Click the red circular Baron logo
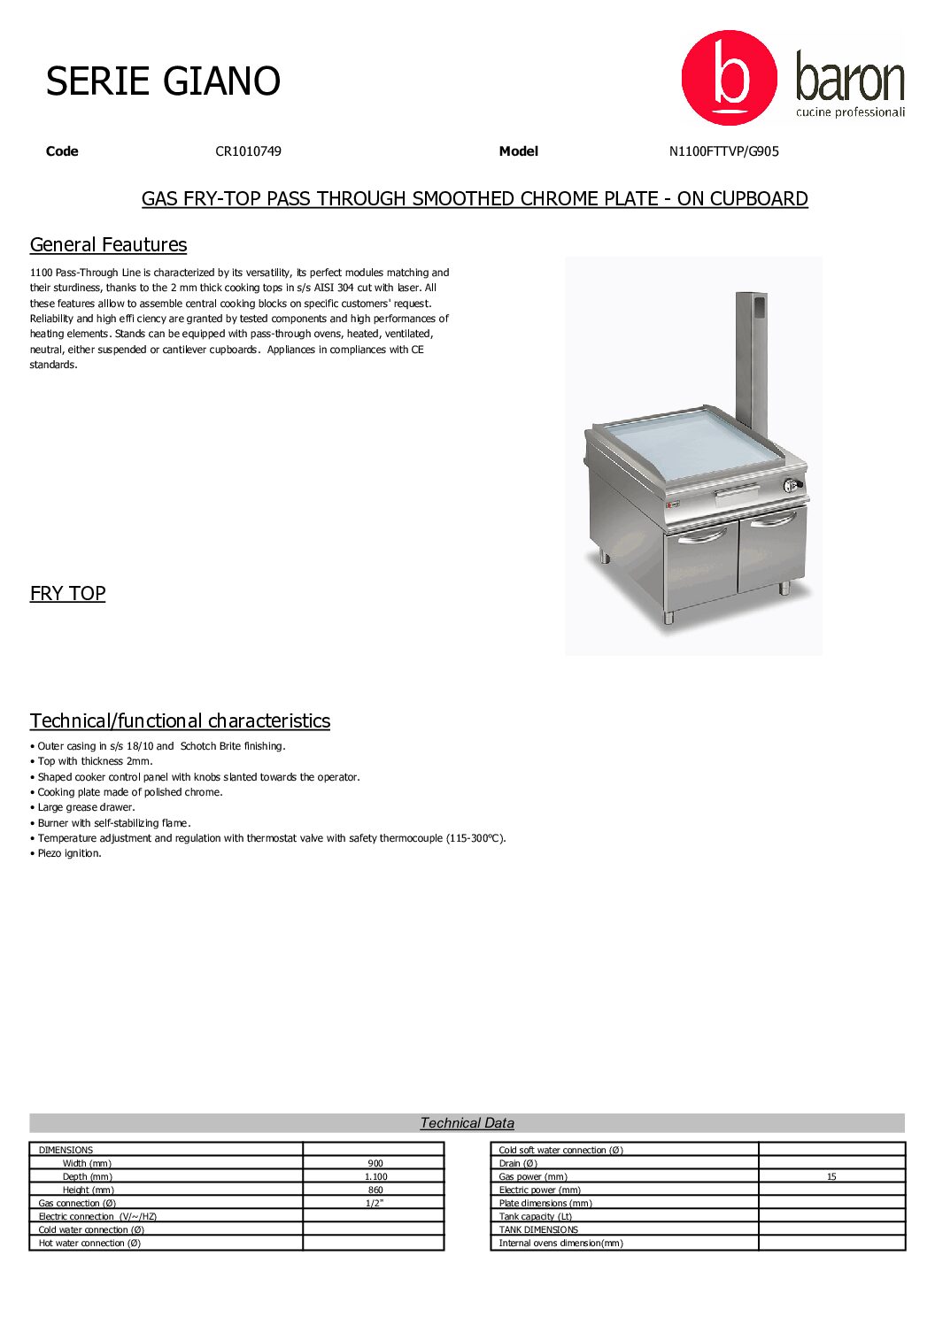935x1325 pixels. coord(729,78)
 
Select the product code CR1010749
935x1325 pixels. coord(248,151)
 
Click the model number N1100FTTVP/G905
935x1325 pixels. coord(723,151)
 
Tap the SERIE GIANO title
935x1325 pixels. coord(163,81)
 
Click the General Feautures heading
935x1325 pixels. coord(108,245)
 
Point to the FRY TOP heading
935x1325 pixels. coord(67,594)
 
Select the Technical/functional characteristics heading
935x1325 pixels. coord(180,721)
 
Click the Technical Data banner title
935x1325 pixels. coord(467,1123)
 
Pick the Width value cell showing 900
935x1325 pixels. coord(375,1164)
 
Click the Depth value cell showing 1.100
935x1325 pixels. coord(375,1177)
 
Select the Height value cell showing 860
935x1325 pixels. coord(375,1190)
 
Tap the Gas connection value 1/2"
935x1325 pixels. coord(375,1204)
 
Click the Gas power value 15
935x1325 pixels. coord(831,1177)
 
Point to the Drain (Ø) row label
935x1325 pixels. coord(518,1164)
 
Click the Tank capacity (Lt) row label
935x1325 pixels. coord(535,1217)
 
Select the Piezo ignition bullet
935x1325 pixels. coord(69,854)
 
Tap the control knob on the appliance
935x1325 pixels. coord(791,485)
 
